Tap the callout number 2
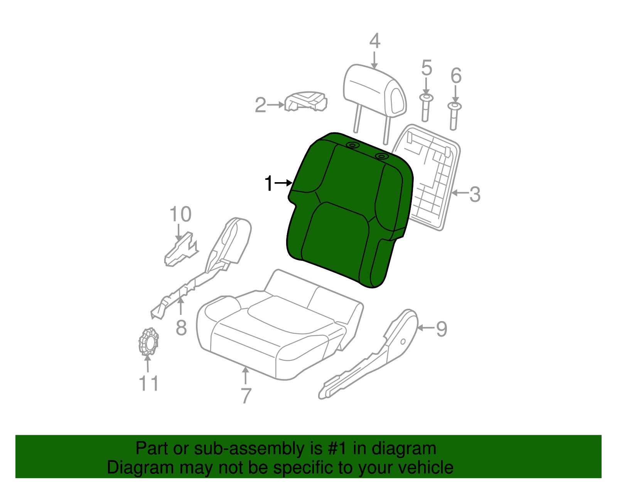[x=261, y=105]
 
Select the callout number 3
[x=475, y=194]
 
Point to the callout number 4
[x=374, y=41]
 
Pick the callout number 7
[x=246, y=396]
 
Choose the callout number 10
[x=180, y=214]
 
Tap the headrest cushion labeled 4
[x=374, y=91]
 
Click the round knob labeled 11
[x=148, y=342]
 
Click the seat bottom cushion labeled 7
[x=278, y=332]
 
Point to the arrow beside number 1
[x=284, y=183]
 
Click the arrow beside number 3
[x=460, y=192]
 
